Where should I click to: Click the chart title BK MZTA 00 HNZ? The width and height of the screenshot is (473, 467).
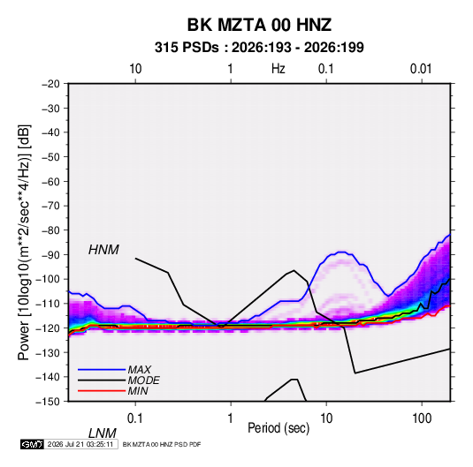coord(259,25)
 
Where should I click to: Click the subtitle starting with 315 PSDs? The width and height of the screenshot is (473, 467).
coord(259,48)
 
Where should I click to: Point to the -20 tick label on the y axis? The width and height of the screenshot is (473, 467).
coord(50,84)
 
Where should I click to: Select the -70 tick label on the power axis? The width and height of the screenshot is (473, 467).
coord(50,206)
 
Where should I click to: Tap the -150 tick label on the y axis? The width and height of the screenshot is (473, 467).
coord(48,402)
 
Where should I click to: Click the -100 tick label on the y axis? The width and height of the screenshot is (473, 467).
coord(48,279)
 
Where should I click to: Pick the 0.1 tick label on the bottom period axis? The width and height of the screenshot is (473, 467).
coord(134,418)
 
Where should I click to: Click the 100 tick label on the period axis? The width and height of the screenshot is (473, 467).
coord(422,418)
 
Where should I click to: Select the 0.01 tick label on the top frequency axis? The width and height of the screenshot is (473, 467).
coord(421,69)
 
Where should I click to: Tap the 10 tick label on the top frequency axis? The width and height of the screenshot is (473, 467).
coord(135,69)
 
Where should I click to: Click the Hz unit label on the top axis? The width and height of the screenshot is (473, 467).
coord(278,69)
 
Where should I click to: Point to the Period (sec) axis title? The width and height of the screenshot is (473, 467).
coord(278,428)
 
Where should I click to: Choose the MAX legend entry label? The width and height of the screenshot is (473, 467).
coord(139,370)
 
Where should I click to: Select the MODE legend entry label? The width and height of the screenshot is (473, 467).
coord(143,380)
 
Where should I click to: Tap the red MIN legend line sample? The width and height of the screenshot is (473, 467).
coord(102,391)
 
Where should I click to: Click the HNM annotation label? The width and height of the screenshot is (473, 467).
coord(103,250)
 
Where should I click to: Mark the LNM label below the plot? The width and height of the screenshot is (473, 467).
coord(103,433)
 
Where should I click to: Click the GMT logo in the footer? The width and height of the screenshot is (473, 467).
coord(32,444)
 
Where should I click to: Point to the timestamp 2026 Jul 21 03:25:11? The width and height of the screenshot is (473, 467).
coord(80,444)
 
